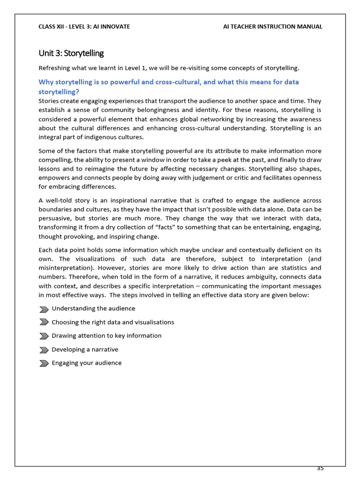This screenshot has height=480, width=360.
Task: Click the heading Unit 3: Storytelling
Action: click(71, 53)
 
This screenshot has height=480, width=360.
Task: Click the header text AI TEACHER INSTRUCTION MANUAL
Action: click(273, 27)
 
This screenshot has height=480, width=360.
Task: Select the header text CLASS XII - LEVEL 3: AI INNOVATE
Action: click(84, 27)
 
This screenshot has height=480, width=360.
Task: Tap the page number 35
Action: click(320, 468)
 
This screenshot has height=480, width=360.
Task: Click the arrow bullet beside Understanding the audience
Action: click(44, 309)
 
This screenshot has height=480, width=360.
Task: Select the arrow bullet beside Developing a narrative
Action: click(44, 350)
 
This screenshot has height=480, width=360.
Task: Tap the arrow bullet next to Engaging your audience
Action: click(44, 363)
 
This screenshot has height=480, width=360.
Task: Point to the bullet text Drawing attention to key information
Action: click(106, 336)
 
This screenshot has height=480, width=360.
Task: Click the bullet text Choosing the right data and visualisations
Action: click(112, 322)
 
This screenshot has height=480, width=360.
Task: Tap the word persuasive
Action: click(55, 218)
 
